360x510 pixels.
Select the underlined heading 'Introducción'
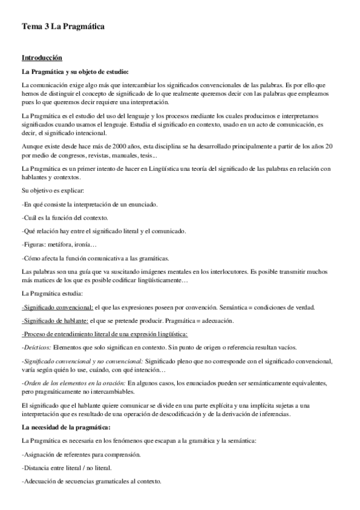click(x=41, y=58)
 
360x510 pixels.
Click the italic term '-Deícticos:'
click(x=36, y=347)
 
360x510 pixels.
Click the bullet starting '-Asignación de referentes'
click(x=81, y=454)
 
